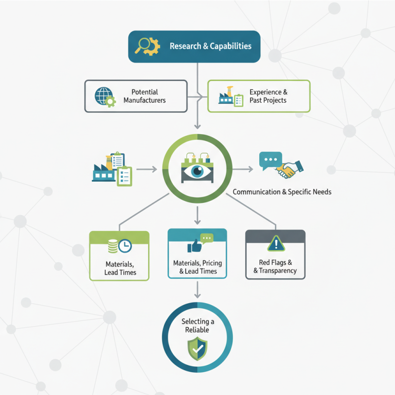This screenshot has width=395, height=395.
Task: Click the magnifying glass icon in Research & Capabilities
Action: [x=142, y=45]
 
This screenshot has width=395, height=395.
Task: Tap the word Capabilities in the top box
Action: [x=231, y=46]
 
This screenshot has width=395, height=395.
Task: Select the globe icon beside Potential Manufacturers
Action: [x=103, y=96]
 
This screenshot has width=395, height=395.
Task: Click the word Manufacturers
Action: [x=145, y=100]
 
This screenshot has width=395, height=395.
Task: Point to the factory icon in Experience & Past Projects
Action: [x=226, y=95]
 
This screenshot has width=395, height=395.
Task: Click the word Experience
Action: [x=266, y=92]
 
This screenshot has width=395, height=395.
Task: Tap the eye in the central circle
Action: [x=197, y=171]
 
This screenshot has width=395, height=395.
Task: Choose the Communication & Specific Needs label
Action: [x=282, y=192]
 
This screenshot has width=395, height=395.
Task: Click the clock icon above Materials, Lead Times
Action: [x=125, y=246]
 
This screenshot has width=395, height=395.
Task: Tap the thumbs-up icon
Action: [x=194, y=246]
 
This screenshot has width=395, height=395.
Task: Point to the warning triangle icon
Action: [x=276, y=243]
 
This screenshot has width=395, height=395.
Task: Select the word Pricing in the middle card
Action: [x=212, y=263]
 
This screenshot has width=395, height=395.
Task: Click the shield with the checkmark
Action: [x=197, y=349]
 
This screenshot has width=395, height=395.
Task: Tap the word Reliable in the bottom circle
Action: [x=197, y=330]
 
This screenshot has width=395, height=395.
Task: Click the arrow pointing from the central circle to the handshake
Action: [x=242, y=169]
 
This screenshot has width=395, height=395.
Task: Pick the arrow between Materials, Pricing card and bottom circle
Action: [x=197, y=290]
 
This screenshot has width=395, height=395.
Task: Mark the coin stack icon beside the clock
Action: [x=113, y=246]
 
